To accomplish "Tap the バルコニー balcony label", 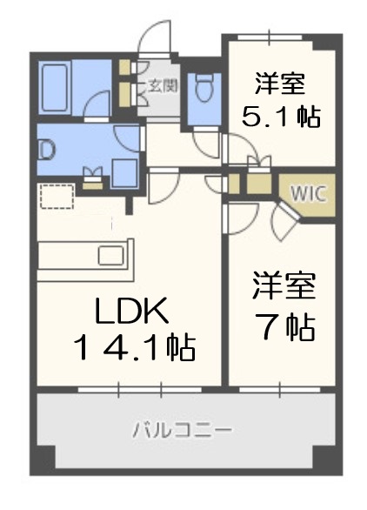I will [183, 429].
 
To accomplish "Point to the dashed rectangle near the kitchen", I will [57, 198].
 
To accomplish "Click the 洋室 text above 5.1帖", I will [280, 84].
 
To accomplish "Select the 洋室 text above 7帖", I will [283, 287].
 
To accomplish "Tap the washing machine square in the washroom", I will [122, 171].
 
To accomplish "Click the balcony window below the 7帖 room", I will [280, 387].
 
